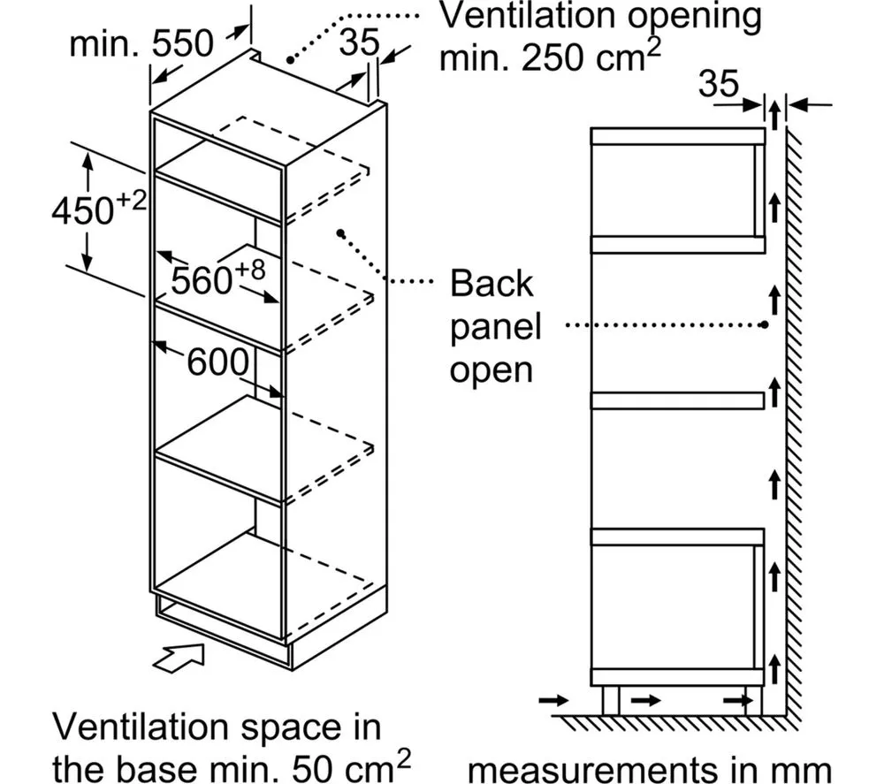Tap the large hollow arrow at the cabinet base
tap(181, 659)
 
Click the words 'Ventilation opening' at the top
tap(600, 17)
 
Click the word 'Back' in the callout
tap(492, 285)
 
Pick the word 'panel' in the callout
tap(495, 327)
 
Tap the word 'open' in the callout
tap(492, 369)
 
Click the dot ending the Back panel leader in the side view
tap(763, 324)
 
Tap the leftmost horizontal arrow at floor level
tap(553, 700)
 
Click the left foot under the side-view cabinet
tap(609, 699)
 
